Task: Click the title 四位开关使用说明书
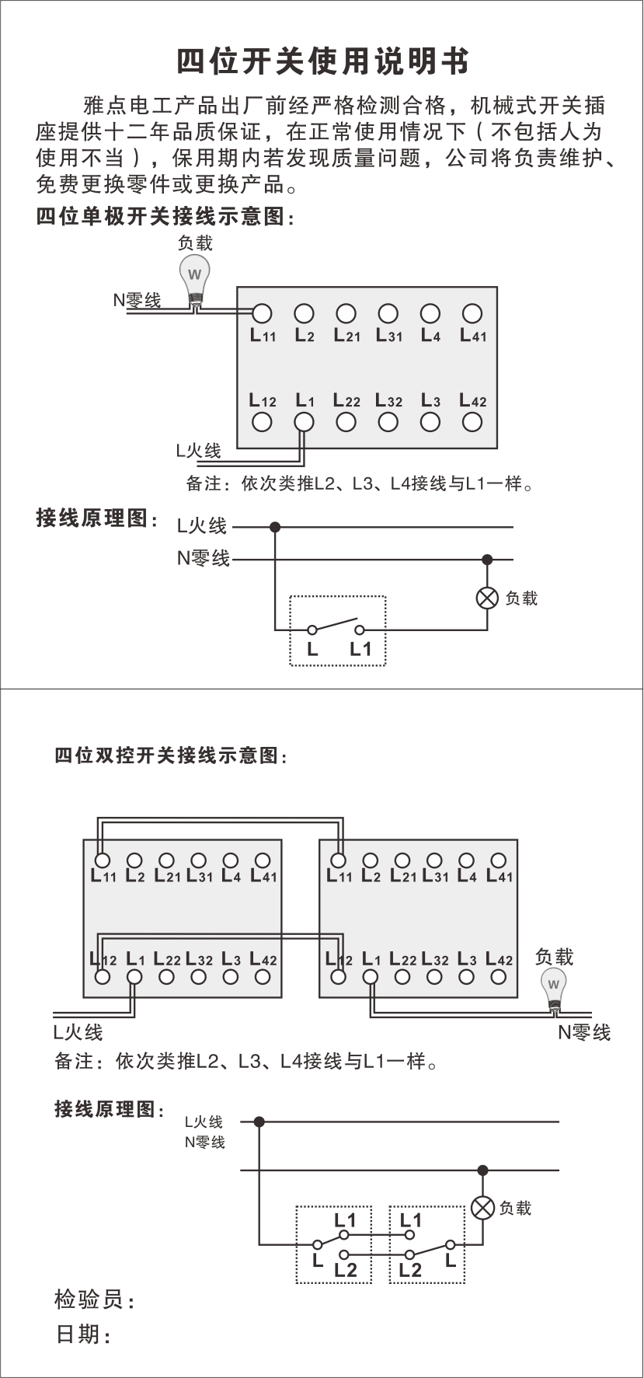click(322, 61)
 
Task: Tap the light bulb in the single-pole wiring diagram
click(195, 277)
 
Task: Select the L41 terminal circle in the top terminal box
click(472, 313)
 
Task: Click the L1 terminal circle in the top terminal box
click(304, 422)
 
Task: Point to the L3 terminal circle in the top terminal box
click(430, 422)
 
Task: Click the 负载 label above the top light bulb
click(195, 243)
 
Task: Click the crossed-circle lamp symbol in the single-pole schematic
click(487, 598)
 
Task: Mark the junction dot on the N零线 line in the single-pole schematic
click(487, 560)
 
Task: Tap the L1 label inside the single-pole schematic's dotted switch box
click(360, 649)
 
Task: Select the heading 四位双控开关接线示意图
click(170, 755)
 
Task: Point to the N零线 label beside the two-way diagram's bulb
click(584, 1032)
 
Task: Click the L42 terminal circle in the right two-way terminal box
click(499, 977)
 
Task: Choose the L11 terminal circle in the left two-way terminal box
click(102, 860)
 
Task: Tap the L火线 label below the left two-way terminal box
click(78, 1032)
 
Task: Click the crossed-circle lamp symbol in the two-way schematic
click(483, 1208)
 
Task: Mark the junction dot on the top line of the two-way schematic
click(259, 1122)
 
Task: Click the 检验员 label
click(94, 1299)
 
